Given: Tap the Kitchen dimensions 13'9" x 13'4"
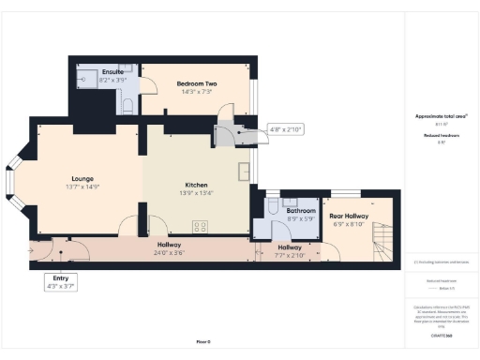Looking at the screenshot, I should tap(197, 193).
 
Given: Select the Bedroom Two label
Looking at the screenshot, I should tap(197, 83).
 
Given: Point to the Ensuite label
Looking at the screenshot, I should tap(113, 72).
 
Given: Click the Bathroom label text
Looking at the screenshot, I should tap(301, 211).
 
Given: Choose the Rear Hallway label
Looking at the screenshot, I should tap(349, 216).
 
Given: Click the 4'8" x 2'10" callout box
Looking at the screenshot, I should tap(284, 129).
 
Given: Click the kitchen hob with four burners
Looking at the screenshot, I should tap(201, 225).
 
